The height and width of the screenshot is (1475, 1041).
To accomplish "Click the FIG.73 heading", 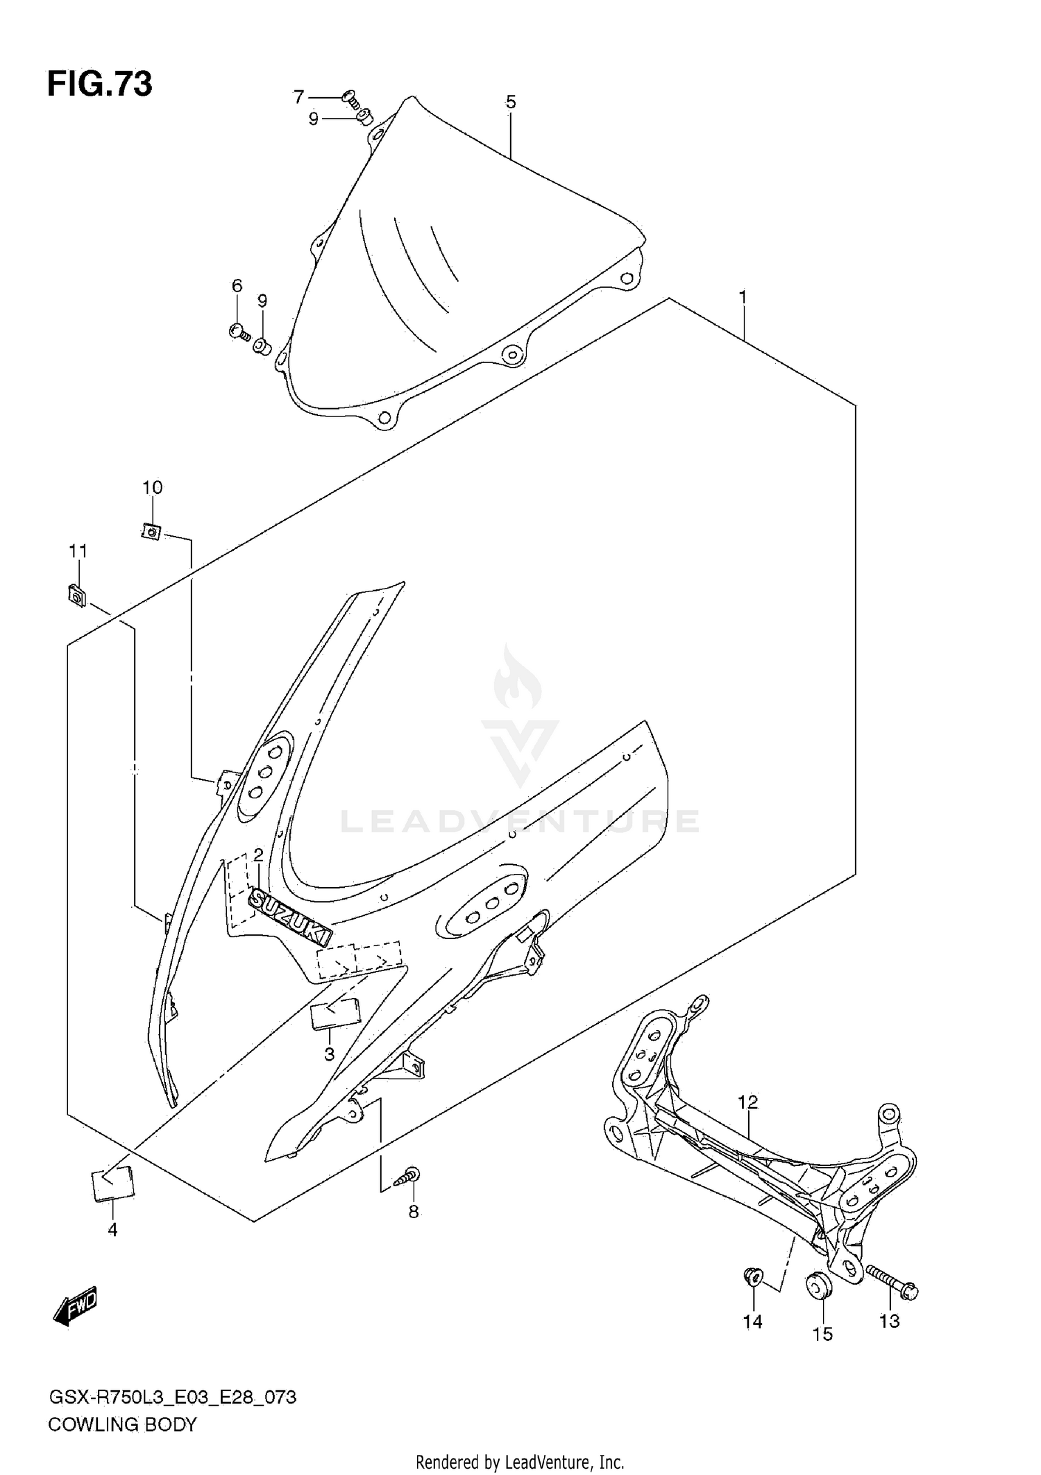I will point(99,84).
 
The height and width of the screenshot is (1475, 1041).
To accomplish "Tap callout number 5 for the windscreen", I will point(510,103).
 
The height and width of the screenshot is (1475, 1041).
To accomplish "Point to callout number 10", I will point(152,487).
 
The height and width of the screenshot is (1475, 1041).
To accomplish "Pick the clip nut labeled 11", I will point(77,595).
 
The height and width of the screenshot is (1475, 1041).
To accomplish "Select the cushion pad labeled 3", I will point(336,1015).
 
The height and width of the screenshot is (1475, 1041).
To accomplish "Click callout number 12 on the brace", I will point(747,1102).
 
